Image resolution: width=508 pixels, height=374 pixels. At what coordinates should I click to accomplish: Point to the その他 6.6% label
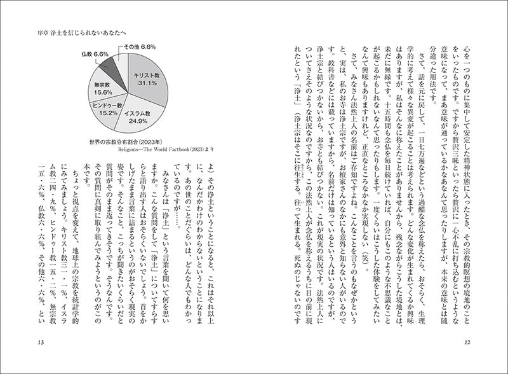[140, 46]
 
